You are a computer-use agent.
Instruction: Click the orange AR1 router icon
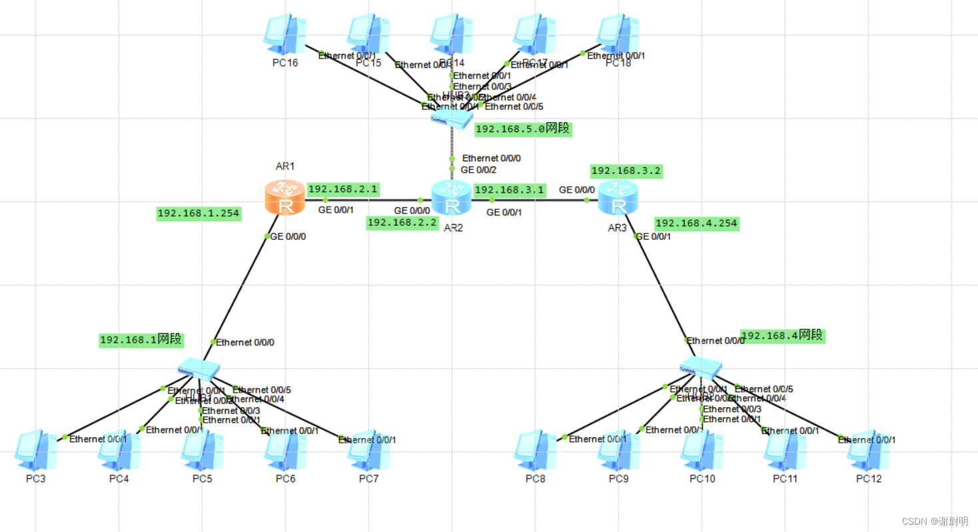286,197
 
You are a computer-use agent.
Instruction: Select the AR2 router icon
452,197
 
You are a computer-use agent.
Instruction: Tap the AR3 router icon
618,197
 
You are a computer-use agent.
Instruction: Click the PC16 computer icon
284,34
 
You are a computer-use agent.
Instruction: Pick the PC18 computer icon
618,34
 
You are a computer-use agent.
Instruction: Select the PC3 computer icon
35,451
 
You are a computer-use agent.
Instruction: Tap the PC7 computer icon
368,451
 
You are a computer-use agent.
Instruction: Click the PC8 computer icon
534,451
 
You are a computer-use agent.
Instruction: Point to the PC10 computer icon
702,451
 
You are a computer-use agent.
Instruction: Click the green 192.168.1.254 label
199,214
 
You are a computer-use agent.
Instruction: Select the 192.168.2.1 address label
343,189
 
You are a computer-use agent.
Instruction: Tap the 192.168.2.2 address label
402,223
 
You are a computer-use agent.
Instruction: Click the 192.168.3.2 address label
626,171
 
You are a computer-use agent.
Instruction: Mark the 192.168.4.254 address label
696,223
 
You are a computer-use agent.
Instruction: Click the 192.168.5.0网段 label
522,129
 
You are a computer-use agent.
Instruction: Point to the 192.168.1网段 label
141,339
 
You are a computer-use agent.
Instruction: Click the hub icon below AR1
199,368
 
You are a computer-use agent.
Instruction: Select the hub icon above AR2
451,119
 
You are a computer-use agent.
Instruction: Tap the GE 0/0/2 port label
478,169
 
